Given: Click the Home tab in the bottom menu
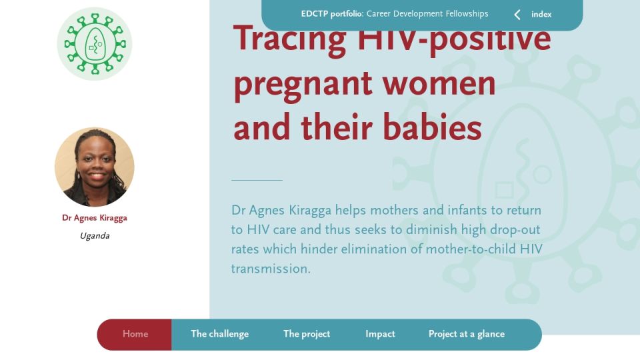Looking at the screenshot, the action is tap(135, 334).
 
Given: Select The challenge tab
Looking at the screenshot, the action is tap(219, 334).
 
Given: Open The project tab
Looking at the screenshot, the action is tap(307, 334).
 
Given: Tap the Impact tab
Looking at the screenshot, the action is tap(380, 334).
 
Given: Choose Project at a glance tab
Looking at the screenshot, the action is tap(467, 334).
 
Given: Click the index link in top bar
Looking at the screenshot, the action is tap(541, 14).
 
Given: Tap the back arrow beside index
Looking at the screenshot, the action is tap(517, 15).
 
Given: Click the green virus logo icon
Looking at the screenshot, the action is tap(95, 44).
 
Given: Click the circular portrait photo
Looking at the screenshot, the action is tap(95, 167).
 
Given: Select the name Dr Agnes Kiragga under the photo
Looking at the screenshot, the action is tap(95, 218).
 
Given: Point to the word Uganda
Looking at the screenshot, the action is tap(95, 236).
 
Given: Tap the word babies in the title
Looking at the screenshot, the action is tap(432, 127).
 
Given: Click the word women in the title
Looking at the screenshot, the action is tap(439, 83).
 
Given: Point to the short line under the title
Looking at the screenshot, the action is tap(257, 180).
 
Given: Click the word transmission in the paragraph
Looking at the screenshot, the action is tap(271, 269).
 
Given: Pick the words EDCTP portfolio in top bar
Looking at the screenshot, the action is tap(332, 14).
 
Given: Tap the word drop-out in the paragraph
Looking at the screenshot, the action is tap(515, 230).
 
